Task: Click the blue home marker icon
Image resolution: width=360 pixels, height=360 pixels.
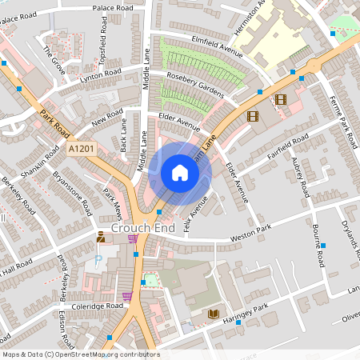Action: click(180, 173)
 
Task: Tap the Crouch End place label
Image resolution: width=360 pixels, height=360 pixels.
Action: click(142, 228)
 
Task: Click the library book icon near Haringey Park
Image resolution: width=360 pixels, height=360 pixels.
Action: click(213, 314)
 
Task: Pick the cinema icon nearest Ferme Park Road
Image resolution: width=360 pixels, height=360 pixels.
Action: click(279, 100)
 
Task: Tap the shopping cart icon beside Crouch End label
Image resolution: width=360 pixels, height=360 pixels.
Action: click(133, 238)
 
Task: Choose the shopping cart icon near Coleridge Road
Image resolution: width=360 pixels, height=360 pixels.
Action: click(126, 296)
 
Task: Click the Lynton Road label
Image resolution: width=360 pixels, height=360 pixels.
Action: click(99, 76)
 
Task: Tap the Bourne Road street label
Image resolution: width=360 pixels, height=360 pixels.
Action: click(319, 247)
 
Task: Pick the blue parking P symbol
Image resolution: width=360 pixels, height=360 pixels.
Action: click(98, 259)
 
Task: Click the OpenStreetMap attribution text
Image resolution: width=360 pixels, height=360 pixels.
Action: click(80, 354)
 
